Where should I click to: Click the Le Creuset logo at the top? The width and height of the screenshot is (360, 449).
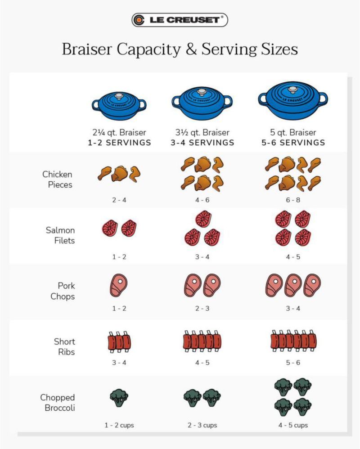pos(180,20)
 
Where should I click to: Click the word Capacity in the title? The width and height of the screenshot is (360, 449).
pos(148,49)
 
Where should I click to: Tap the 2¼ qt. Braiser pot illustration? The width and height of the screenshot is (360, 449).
pos(119,106)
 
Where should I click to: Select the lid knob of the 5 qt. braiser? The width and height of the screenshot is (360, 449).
pos(292,90)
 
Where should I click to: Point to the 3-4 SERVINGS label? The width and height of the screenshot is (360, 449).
pos(202,143)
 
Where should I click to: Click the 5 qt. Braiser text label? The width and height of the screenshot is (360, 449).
pos(293,132)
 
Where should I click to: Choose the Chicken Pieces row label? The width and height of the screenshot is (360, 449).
pos(57,179)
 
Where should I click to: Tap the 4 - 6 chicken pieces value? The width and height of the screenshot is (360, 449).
pos(202,200)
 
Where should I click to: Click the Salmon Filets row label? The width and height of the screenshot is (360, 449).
pos(60,235)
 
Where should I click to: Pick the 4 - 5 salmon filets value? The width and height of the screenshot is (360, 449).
pos(293,257)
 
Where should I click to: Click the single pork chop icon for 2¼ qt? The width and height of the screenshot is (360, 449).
pos(118,285)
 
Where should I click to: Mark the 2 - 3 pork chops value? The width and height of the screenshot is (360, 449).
pos(202,308)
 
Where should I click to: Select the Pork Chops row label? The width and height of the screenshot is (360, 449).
pos(63,291)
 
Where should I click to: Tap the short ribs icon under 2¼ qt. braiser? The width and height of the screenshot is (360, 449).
pos(119,342)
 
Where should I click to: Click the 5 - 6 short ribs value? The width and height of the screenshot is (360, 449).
pos(293,363)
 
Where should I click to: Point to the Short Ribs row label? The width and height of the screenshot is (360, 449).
pos(64,346)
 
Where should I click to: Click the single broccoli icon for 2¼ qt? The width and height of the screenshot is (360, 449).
pos(119,397)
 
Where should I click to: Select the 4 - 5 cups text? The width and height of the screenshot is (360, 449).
pos(293,425)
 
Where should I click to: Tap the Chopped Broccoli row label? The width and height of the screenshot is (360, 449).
pos(58,402)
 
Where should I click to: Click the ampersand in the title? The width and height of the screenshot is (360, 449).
pos(191,49)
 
